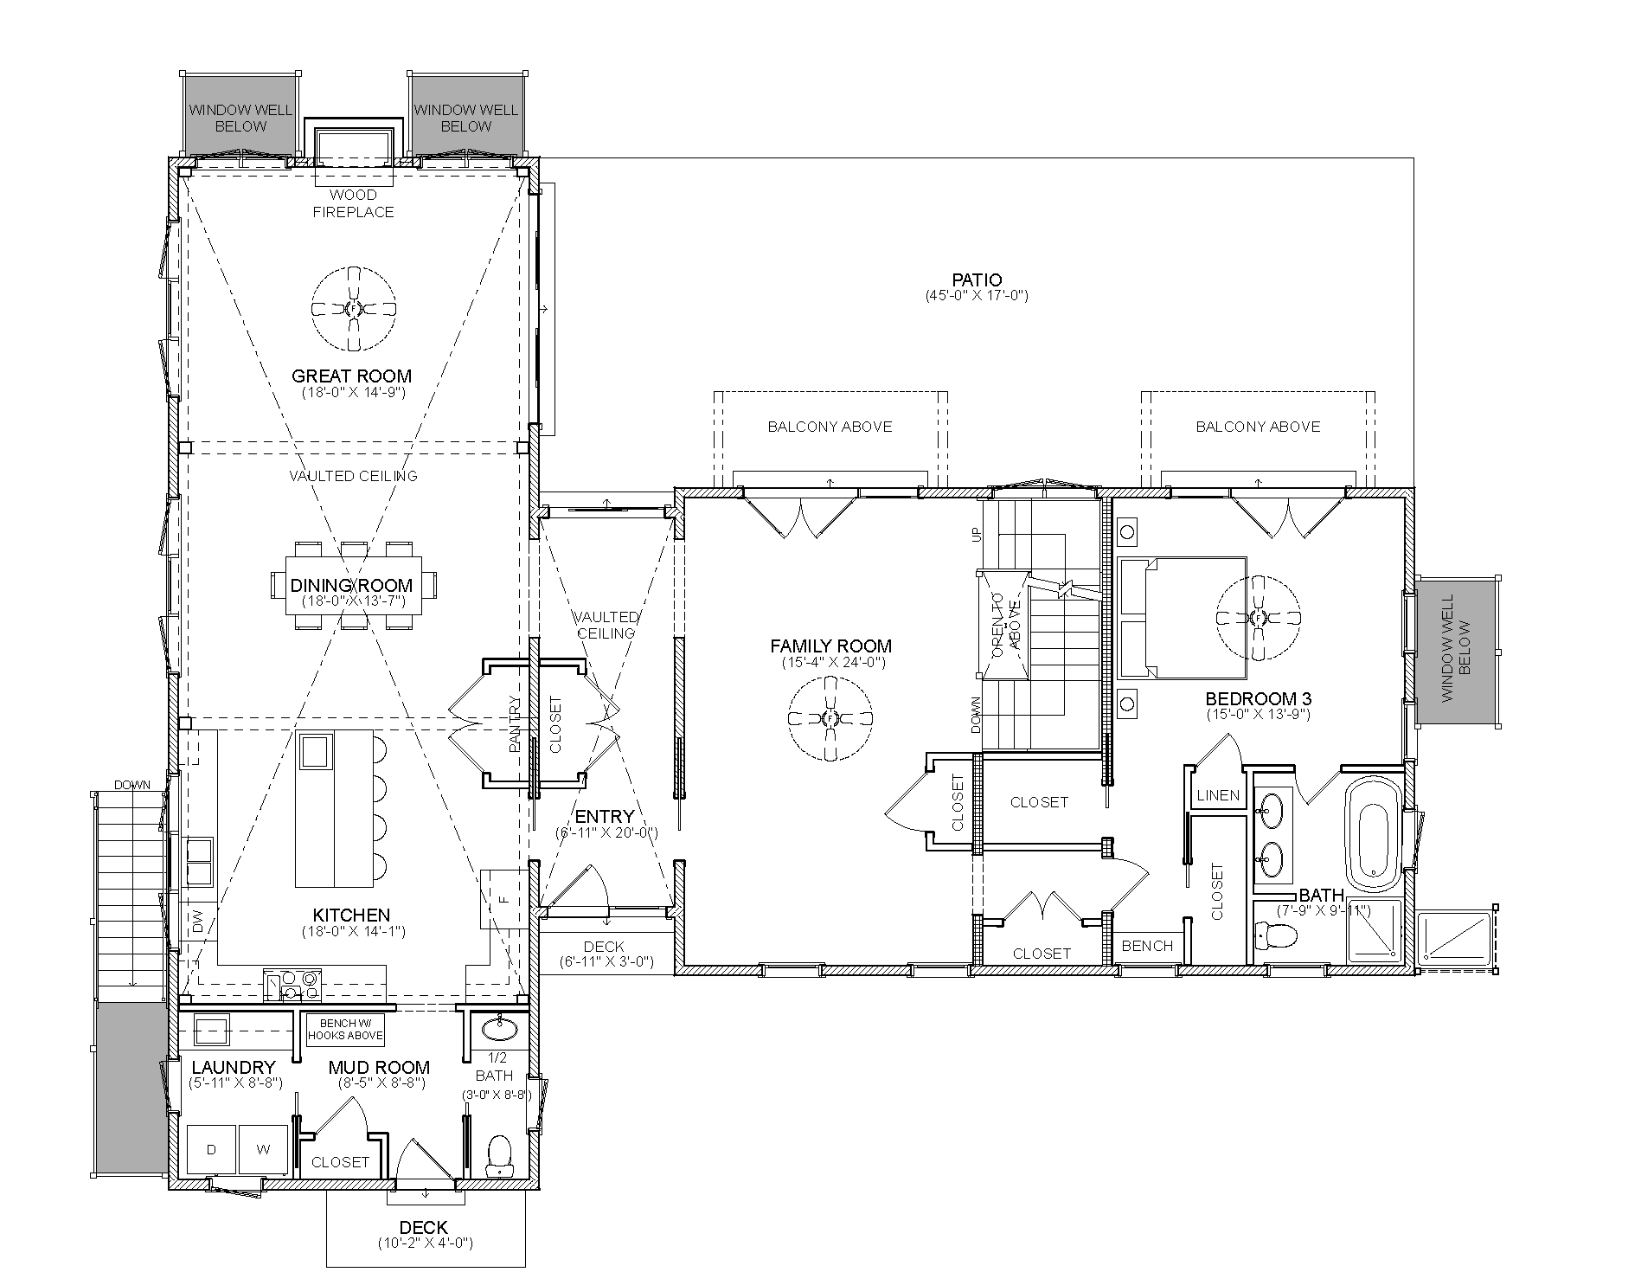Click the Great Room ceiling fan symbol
(353, 309)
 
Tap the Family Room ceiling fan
(830, 718)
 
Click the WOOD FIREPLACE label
(353, 203)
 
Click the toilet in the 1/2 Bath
(499, 1154)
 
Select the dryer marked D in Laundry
(211, 1149)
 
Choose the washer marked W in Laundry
(263, 1149)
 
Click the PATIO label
(977, 279)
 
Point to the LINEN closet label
(1218, 795)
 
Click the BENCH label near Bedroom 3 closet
(1147, 946)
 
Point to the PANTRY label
(516, 724)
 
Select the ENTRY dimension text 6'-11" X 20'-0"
(606, 832)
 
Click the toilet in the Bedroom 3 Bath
(1275, 934)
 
